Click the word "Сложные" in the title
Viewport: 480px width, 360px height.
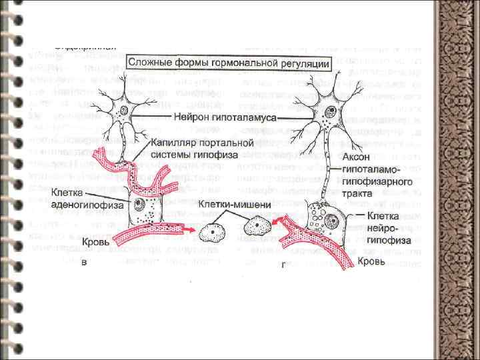click(150, 63)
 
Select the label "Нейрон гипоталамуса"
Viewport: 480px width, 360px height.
click(221, 117)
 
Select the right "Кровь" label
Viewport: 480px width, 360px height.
click(371, 261)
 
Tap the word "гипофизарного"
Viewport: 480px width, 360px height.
click(377, 181)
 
